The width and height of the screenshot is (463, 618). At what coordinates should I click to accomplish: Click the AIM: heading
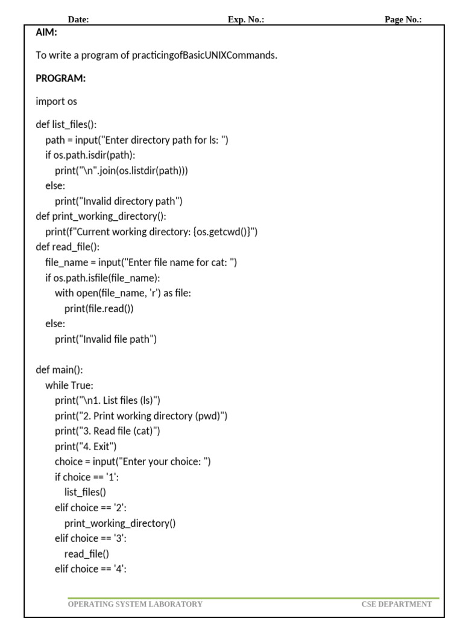46,33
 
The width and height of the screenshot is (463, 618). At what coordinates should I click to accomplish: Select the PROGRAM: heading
61,78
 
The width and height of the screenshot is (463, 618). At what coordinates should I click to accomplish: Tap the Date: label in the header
78,19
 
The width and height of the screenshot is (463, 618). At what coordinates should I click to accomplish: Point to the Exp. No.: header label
246,19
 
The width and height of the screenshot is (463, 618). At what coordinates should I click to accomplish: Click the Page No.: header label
403,19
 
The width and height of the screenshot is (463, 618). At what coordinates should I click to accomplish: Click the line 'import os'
56,101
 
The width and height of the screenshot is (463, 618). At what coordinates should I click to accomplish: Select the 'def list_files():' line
66,125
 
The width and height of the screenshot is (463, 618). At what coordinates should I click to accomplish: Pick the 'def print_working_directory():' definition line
101,216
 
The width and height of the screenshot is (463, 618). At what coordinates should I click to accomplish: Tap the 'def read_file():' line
68,247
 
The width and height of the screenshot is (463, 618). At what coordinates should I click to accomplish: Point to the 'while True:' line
69,385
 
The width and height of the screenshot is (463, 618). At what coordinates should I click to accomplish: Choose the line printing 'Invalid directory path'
118,201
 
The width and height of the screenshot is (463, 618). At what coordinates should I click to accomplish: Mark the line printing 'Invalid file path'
106,339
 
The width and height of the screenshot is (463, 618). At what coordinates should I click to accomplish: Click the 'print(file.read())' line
99,308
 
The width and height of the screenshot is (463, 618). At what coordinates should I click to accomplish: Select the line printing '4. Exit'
86,447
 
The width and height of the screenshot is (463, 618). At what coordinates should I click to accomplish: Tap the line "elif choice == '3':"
90,538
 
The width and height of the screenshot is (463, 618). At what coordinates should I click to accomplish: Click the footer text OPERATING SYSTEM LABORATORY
135,604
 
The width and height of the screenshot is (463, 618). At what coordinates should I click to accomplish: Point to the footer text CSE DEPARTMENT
397,604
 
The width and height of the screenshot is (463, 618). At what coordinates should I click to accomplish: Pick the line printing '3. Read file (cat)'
107,431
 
